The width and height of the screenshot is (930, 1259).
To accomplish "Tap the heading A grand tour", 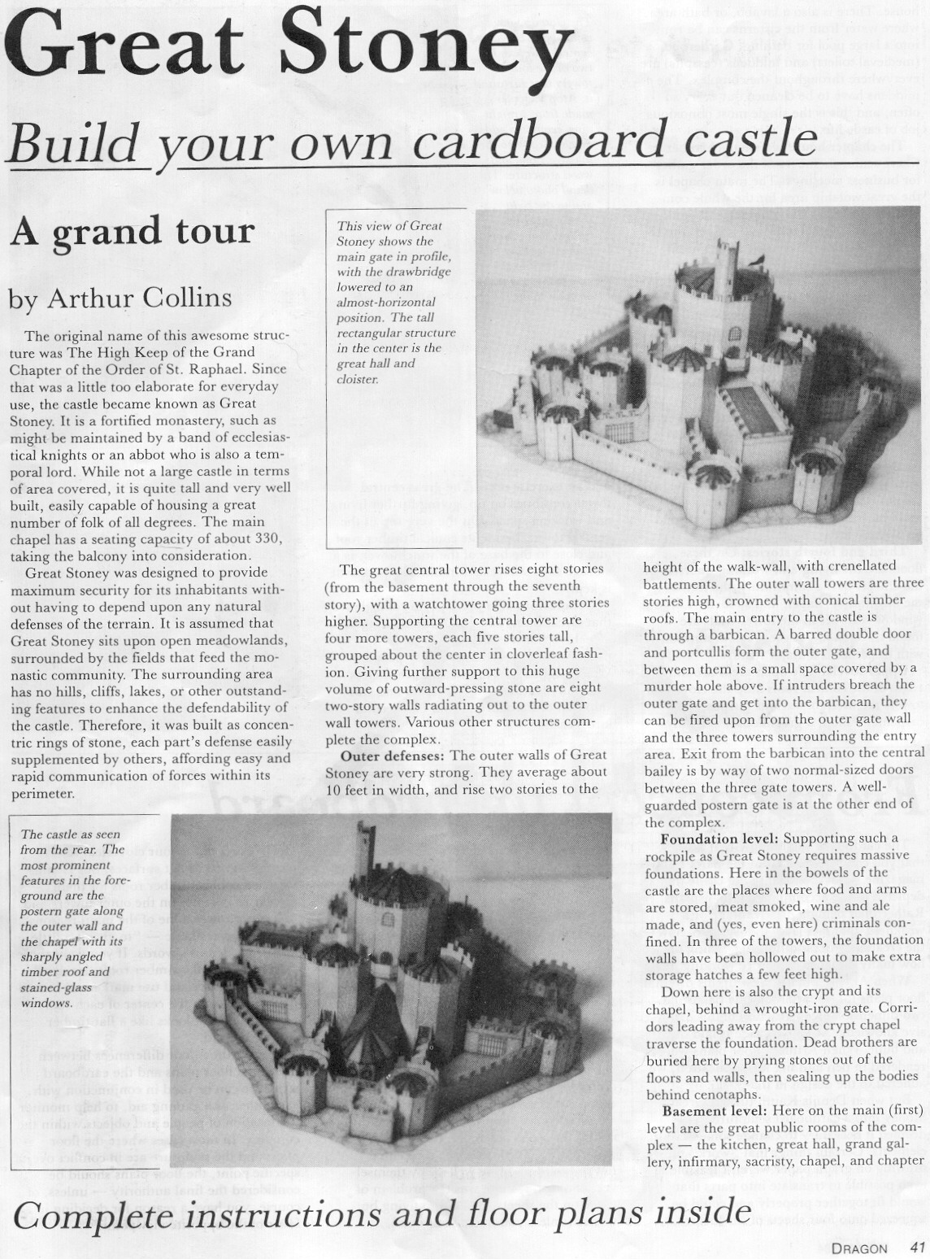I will pyautogui.click(x=133, y=233).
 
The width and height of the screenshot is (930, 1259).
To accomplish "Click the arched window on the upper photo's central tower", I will pyautogui.click(x=736, y=333).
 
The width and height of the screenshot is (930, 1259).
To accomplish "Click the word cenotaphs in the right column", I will pyautogui.click(x=723, y=1095).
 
